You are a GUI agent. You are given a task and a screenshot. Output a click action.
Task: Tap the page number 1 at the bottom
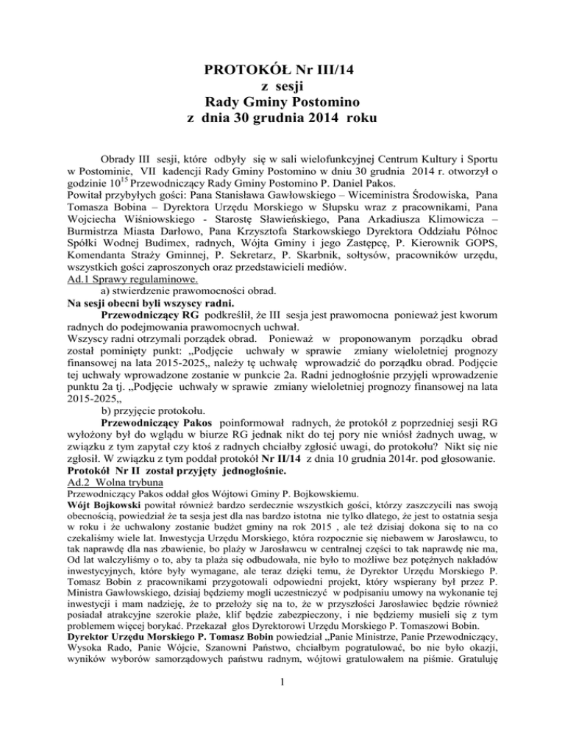[x=282, y=703]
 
